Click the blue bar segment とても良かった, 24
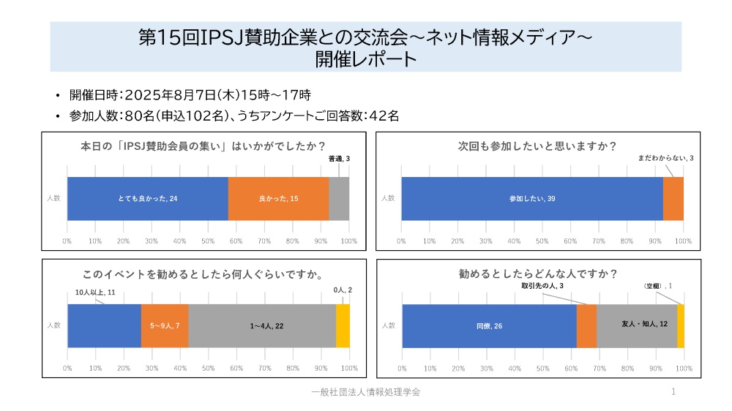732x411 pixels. click(147, 198)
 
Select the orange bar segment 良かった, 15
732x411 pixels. click(278, 198)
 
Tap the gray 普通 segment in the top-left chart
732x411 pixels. click(339, 198)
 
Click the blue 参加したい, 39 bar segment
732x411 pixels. click(531, 198)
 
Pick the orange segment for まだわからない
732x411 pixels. click(673, 198)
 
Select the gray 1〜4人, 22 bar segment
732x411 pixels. click(262, 325)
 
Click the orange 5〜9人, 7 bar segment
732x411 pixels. click(165, 325)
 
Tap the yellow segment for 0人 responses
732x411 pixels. click(343, 325)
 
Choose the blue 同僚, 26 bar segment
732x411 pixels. click(489, 325)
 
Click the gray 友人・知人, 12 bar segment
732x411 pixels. click(637, 325)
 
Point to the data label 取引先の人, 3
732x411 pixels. click(542, 285)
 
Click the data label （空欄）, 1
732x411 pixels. click(657, 285)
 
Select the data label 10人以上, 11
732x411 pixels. click(95, 293)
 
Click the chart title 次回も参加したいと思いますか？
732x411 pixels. click(537, 146)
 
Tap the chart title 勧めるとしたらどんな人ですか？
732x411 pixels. click(537, 274)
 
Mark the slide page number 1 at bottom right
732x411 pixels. click(673, 393)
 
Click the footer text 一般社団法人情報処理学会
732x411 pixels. click(365, 393)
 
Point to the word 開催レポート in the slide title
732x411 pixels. click(365, 59)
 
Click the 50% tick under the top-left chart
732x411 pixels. click(208, 241)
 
